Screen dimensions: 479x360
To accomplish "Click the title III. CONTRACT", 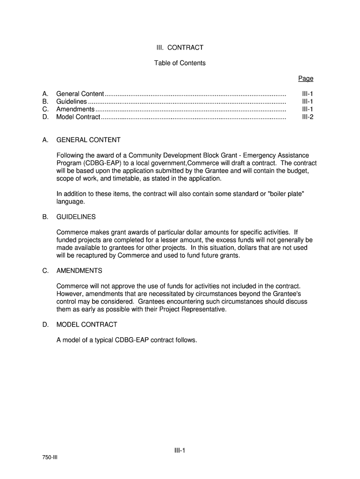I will tap(180, 48).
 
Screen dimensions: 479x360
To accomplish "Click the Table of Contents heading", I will tap(180, 63).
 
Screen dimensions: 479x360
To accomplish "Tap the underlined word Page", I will tap(306, 79).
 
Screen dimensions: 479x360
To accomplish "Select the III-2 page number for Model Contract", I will tap(307, 117).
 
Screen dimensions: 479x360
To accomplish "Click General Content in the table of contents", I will tap(80, 94).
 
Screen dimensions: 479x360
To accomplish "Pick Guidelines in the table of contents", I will tap(72, 102).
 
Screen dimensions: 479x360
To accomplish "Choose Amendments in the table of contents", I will tap(75, 109).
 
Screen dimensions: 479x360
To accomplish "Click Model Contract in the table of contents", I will tap(78, 117).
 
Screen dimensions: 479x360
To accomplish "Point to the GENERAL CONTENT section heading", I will tap(88, 140).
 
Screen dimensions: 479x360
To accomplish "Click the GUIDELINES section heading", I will tap(76, 217).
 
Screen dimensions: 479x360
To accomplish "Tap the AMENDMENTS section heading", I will tap(79, 271).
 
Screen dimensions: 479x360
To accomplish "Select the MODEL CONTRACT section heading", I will tap(86, 325).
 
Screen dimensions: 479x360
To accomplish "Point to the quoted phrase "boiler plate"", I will tap(286, 194).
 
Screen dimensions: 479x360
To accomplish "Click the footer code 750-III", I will tap(49, 456).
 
